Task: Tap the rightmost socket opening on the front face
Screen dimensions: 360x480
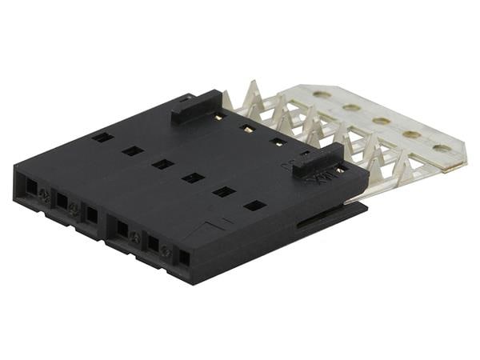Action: point(184,258)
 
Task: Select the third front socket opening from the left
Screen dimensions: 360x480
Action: point(92,215)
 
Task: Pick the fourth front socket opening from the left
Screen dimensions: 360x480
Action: point(122,230)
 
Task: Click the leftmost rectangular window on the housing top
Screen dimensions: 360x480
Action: point(102,137)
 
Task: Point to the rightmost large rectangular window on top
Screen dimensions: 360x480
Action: point(254,206)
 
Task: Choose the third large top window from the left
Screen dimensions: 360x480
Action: point(162,164)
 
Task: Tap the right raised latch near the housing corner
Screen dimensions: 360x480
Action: point(318,160)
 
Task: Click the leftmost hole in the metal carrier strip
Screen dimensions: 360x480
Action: point(322,94)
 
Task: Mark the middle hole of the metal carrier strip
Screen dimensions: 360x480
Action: point(382,121)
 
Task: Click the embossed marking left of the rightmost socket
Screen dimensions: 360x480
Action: point(166,250)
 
